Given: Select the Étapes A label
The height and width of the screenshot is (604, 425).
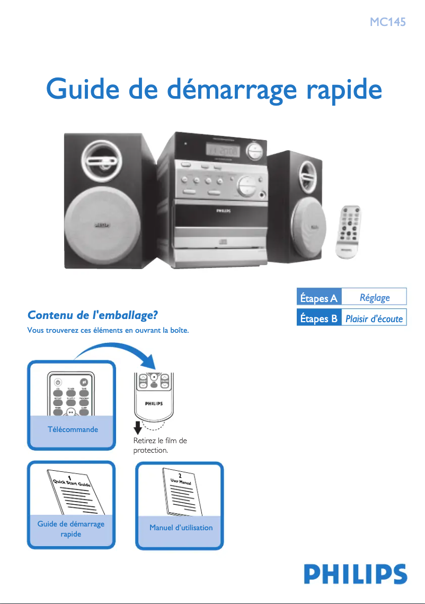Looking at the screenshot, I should coord(318,298).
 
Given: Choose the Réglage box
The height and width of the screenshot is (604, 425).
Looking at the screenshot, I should coord(374,298).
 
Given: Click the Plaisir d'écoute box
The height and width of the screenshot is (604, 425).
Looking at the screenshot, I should coord(374,318).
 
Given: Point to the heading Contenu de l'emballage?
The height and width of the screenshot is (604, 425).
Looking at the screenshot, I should coord(93,315).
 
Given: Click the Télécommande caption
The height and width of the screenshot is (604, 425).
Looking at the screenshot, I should coord(72,429).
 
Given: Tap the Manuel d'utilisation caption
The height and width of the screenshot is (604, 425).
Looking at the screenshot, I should coord(181,528).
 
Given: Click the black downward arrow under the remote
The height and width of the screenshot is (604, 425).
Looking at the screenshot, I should coord(136,427).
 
